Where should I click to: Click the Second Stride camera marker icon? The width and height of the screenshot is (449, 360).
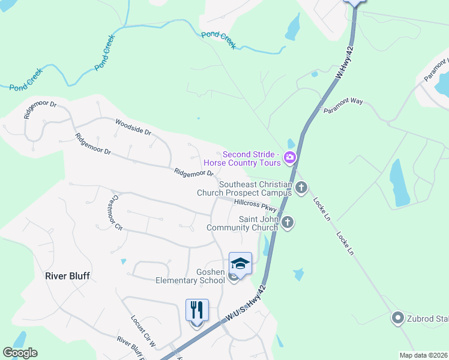(x=291, y=158)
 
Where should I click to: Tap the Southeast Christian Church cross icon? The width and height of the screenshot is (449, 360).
(x=301, y=188)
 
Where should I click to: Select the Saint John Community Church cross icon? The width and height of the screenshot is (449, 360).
(x=288, y=223)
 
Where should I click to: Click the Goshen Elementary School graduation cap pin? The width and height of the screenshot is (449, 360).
(x=240, y=264)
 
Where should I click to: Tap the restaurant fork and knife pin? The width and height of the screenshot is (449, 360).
(x=197, y=311)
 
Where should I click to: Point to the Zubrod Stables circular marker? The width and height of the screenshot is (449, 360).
(x=397, y=317)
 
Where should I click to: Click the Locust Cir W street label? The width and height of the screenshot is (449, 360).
(x=143, y=331)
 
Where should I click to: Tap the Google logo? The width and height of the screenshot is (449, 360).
(x=20, y=353)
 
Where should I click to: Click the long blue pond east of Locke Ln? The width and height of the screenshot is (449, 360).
(x=399, y=182)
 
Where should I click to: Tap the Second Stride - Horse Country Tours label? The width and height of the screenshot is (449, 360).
(x=243, y=158)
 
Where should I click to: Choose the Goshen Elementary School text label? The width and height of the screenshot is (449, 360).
(x=190, y=276)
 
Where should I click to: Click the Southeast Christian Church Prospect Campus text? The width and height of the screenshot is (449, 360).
(x=244, y=188)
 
